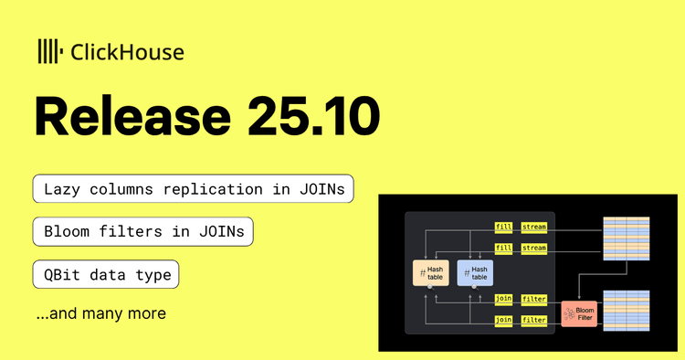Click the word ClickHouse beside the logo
coord(127,52)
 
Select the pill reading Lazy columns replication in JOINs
coord(194,189)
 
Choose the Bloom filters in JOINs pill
coord(142,231)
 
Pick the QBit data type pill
coord(105,273)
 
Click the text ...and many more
coord(100,313)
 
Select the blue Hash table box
coord(474,271)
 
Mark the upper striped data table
coord(626,238)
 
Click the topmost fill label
coord(504,225)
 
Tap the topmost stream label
coord(533,225)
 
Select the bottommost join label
coord(504,319)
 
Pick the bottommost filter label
coord(533,319)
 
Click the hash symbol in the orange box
coord(423,272)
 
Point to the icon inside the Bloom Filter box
coord(568,313)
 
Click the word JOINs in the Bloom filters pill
coord(223,231)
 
